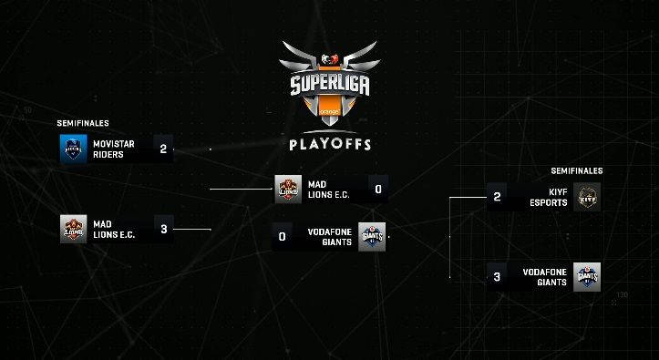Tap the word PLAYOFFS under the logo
tap(329, 144)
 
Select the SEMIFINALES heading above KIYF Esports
tap(577, 170)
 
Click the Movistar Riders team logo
tap(73, 149)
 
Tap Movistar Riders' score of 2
tap(163, 149)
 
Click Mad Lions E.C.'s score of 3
tap(163, 229)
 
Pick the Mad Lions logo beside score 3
tap(73, 229)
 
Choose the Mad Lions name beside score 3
tap(114, 229)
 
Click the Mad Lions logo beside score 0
tap(289, 189)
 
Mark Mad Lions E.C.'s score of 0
tap(377, 190)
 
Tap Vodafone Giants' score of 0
tap(283, 237)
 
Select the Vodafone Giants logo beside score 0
tap(372, 237)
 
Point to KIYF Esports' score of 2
tap(497, 197)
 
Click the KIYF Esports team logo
tap(588, 197)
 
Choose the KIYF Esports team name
tap(546, 197)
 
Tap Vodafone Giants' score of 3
tap(497, 277)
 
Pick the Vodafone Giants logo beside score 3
tap(588, 277)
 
